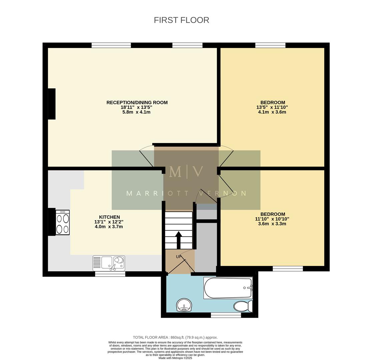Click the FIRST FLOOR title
(x=181, y=20)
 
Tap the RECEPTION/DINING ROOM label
(x=137, y=102)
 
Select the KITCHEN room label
(x=109, y=217)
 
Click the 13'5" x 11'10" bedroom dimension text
(x=272, y=107)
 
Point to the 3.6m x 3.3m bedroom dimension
(x=272, y=224)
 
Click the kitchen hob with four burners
(x=62, y=222)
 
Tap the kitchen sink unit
(x=109, y=263)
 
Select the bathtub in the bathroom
(x=228, y=288)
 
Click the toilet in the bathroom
(x=243, y=306)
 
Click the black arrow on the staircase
(x=178, y=240)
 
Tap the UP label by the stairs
(x=179, y=257)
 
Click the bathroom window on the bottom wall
(x=226, y=315)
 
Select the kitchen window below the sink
(x=110, y=274)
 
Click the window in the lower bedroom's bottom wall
(x=288, y=269)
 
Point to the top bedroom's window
(x=270, y=45)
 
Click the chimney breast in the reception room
(x=51, y=104)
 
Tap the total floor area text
(x=175, y=337)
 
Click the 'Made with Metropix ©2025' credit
(x=175, y=358)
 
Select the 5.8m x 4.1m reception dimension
(x=136, y=112)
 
